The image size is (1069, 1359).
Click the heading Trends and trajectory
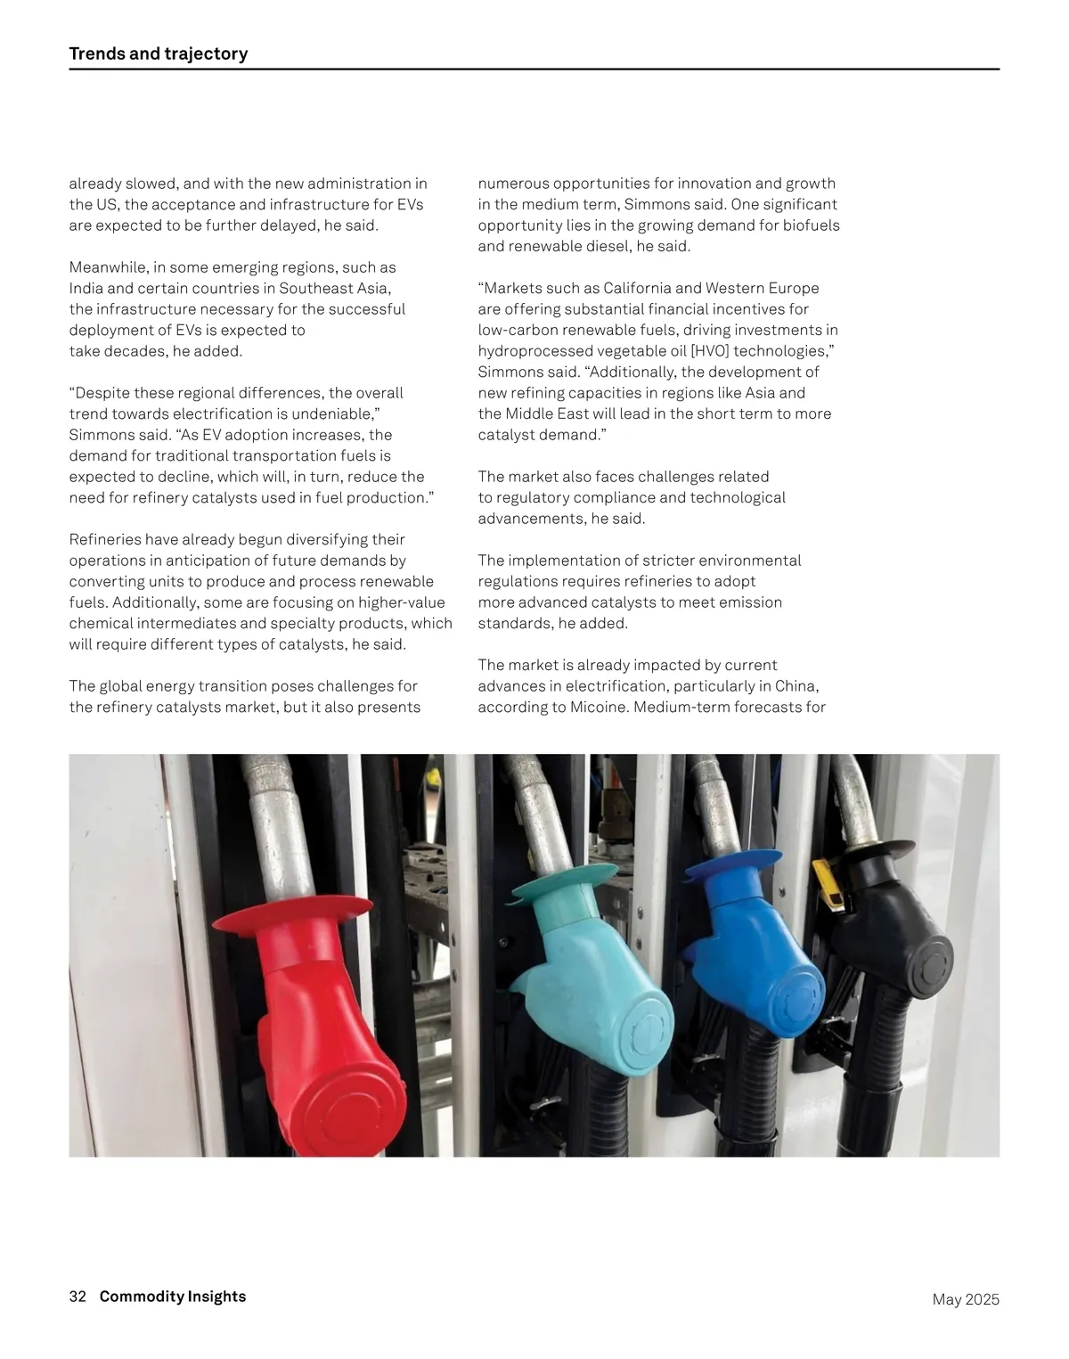point(159,53)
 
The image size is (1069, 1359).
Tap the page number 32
point(78,1297)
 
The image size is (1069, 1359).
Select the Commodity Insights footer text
point(173,1297)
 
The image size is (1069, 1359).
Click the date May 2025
point(966,1299)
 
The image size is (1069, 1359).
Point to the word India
point(86,289)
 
